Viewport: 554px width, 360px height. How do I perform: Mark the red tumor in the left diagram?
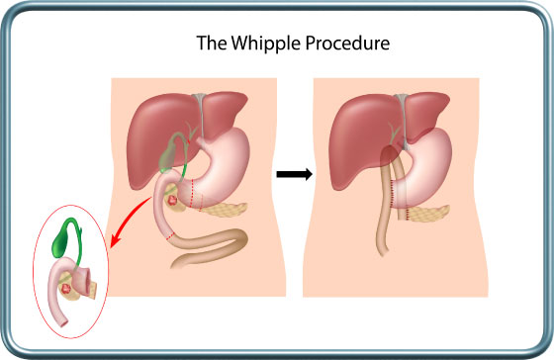(x=176, y=201)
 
